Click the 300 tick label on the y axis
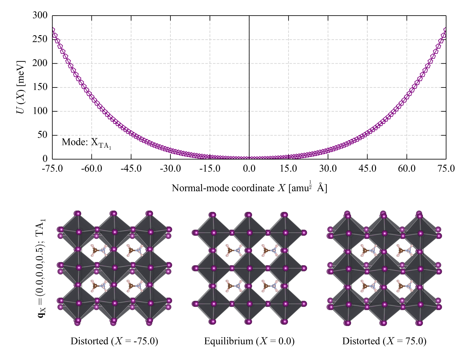click(x=40, y=15)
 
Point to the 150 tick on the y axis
click(x=40, y=87)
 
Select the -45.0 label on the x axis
click(x=131, y=169)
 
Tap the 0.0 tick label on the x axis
click(x=249, y=169)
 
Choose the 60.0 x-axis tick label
click(x=407, y=169)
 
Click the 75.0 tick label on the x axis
click(x=446, y=169)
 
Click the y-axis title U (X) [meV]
click(x=21, y=87)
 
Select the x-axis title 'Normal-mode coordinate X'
click(x=229, y=188)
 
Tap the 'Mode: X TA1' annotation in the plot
click(x=86, y=143)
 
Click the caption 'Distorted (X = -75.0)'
click(x=114, y=341)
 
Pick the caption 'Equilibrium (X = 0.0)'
click(x=249, y=341)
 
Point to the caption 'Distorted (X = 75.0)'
click(x=384, y=341)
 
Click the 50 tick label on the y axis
click(x=42, y=135)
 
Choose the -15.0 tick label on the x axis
click(x=210, y=169)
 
